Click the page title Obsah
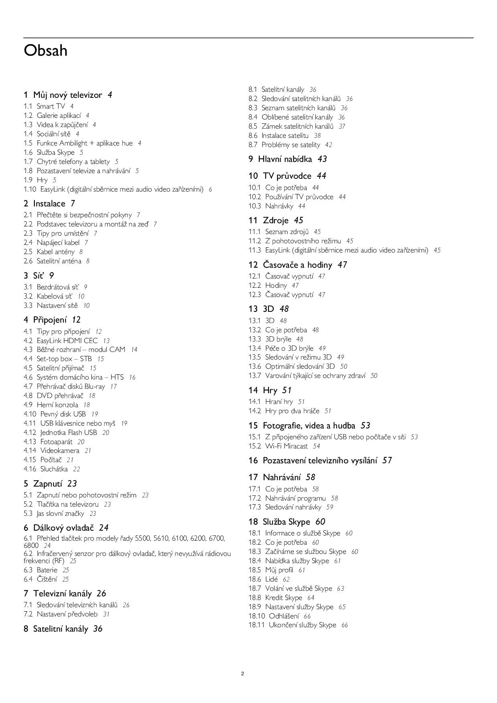point(45,51)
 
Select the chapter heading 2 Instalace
point(49,204)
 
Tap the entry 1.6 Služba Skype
point(53,152)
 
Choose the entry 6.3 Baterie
point(46,570)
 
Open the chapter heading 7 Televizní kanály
point(64,594)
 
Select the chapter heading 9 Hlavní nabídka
point(287,159)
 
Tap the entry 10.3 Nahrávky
point(277,206)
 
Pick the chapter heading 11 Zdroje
point(275,220)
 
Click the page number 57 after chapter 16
point(387,461)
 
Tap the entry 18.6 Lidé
point(269,579)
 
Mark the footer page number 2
point(242,674)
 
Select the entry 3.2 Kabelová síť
point(54,296)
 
